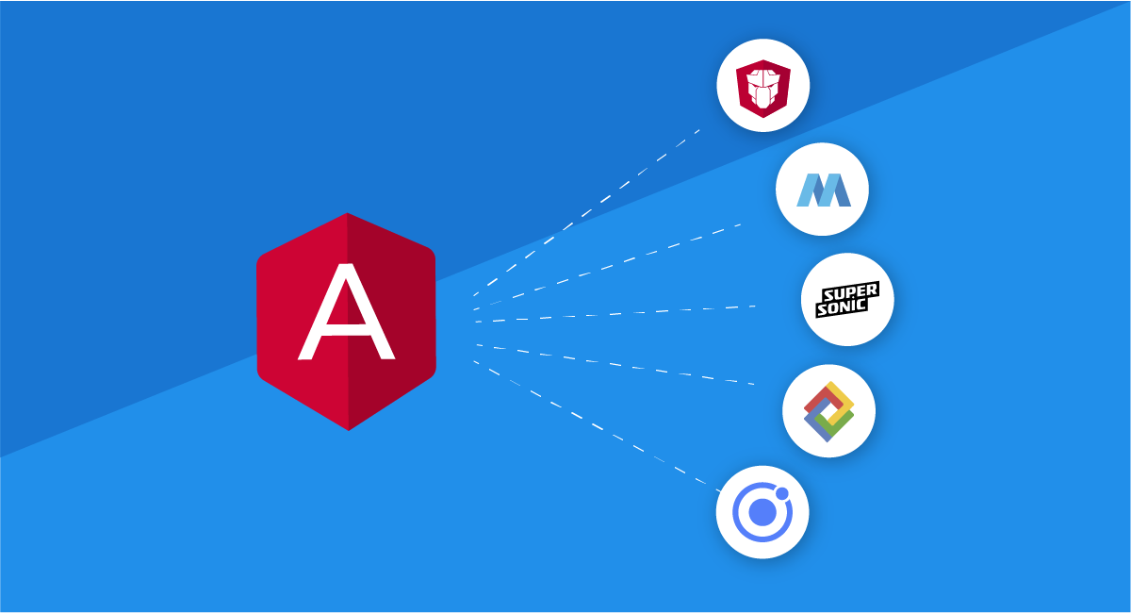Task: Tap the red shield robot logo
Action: [x=762, y=89]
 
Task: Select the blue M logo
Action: [x=824, y=190]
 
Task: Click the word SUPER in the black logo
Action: [x=851, y=291]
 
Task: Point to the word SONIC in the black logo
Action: [x=842, y=306]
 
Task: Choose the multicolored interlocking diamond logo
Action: [x=828, y=411]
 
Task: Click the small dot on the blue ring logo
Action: [x=781, y=493]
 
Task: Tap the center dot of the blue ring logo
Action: [x=762, y=512]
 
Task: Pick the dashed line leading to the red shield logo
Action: [x=586, y=213]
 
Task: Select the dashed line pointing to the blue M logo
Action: [x=607, y=267]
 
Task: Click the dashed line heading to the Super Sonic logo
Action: [x=615, y=314]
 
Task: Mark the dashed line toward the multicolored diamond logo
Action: [x=615, y=364]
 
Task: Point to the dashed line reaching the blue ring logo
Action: [x=597, y=426]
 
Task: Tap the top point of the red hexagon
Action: [x=347, y=213]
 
